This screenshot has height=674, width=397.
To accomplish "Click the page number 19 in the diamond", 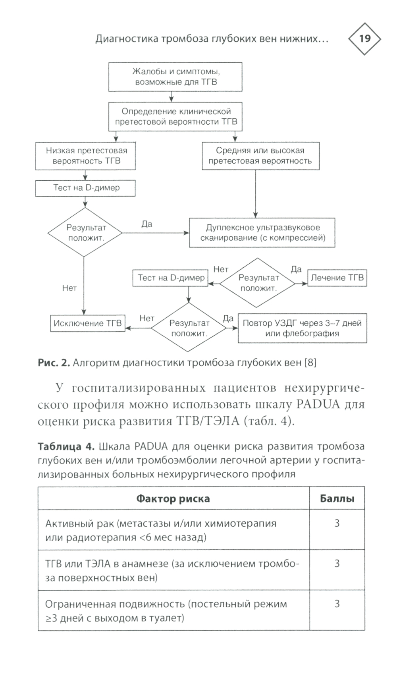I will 364,39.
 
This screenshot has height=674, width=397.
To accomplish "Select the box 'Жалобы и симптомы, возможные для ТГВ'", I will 175,77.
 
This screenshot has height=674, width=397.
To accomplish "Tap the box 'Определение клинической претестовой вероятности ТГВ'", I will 175,117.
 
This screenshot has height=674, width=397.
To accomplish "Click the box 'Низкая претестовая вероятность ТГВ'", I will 85,156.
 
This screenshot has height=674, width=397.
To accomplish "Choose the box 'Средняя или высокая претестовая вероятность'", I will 260,156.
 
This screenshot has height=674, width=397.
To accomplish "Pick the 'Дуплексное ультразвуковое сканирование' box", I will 262,233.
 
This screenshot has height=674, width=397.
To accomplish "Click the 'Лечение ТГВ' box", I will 337,278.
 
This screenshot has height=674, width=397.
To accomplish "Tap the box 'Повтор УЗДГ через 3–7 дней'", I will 302,328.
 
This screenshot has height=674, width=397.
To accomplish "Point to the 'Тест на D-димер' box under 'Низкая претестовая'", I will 85,188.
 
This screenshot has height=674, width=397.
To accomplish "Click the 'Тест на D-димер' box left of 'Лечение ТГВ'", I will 171,278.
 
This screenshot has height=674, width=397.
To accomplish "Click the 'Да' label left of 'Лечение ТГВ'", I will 296,269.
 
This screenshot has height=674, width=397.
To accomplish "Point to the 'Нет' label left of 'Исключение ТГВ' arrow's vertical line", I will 69,288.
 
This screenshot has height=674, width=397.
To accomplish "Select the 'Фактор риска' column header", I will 173,498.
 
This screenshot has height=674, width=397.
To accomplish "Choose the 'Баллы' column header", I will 337,498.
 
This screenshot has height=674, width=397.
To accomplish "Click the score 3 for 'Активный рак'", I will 337,523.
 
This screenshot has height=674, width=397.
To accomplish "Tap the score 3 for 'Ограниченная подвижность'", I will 337,604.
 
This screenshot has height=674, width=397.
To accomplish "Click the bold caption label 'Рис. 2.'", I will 54,362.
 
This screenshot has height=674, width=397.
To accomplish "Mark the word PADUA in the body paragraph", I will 318,404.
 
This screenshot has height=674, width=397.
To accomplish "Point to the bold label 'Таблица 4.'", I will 66,446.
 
